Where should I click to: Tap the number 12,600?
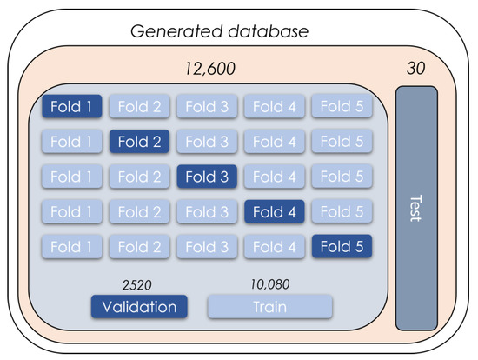pyautogui.click(x=209, y=68)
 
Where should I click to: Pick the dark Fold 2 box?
pyautogui.click(x=140, y=141)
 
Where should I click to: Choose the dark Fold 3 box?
pyautogui.click(x=207, y=176)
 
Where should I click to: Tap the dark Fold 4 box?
pyautogui.click(x=274, y=210)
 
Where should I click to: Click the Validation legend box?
pyautogui.click(x=138, y=307)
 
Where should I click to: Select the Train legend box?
pyautogui.click(x=269, y=307)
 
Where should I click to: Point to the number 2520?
pyautogui.click(x=138, y=283)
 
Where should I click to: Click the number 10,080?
pyautogui.click(x=269, y=283)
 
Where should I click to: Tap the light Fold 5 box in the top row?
pyautogui.click(x=342, y=107)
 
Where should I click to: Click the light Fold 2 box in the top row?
pyautogui.click(x=140, y=107)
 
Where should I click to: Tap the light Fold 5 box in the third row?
pyautogui.click(x=342, y=176)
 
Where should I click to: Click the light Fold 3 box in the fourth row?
pyautogui.click(x=207, y=210)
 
